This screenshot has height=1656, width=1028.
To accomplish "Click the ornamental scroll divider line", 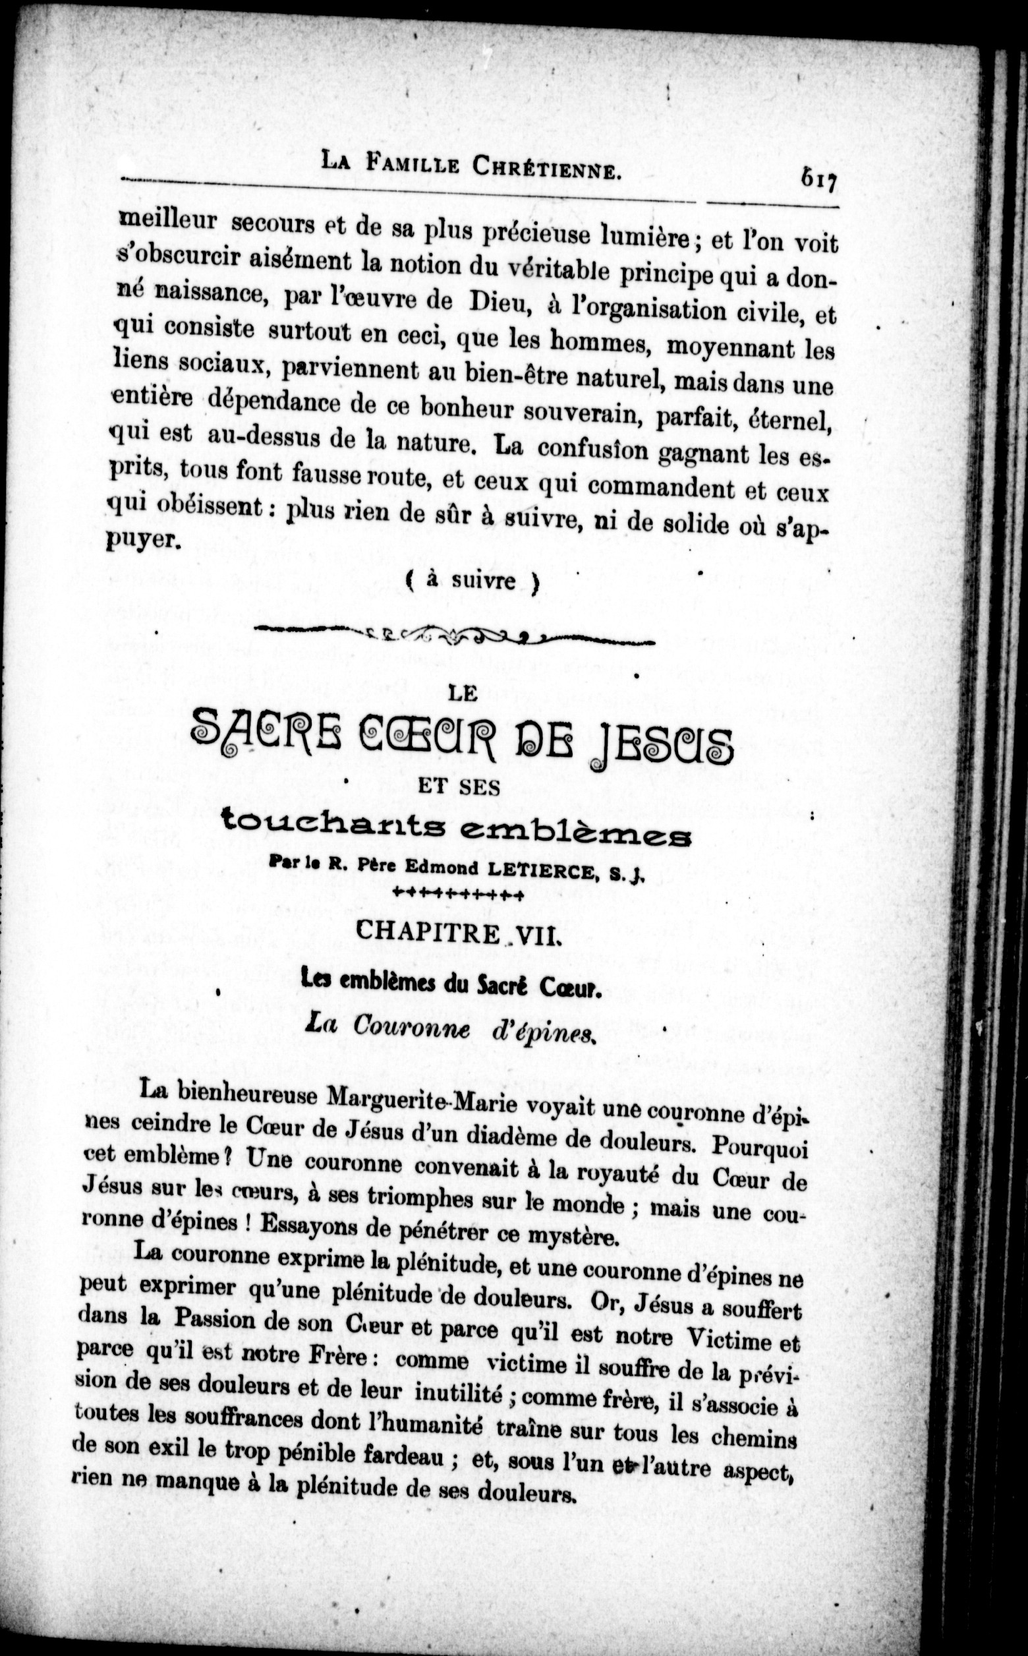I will [453, 637].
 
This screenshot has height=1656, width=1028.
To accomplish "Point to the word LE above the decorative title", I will [463, 693].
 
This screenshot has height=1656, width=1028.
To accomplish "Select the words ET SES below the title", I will [459, 787].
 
